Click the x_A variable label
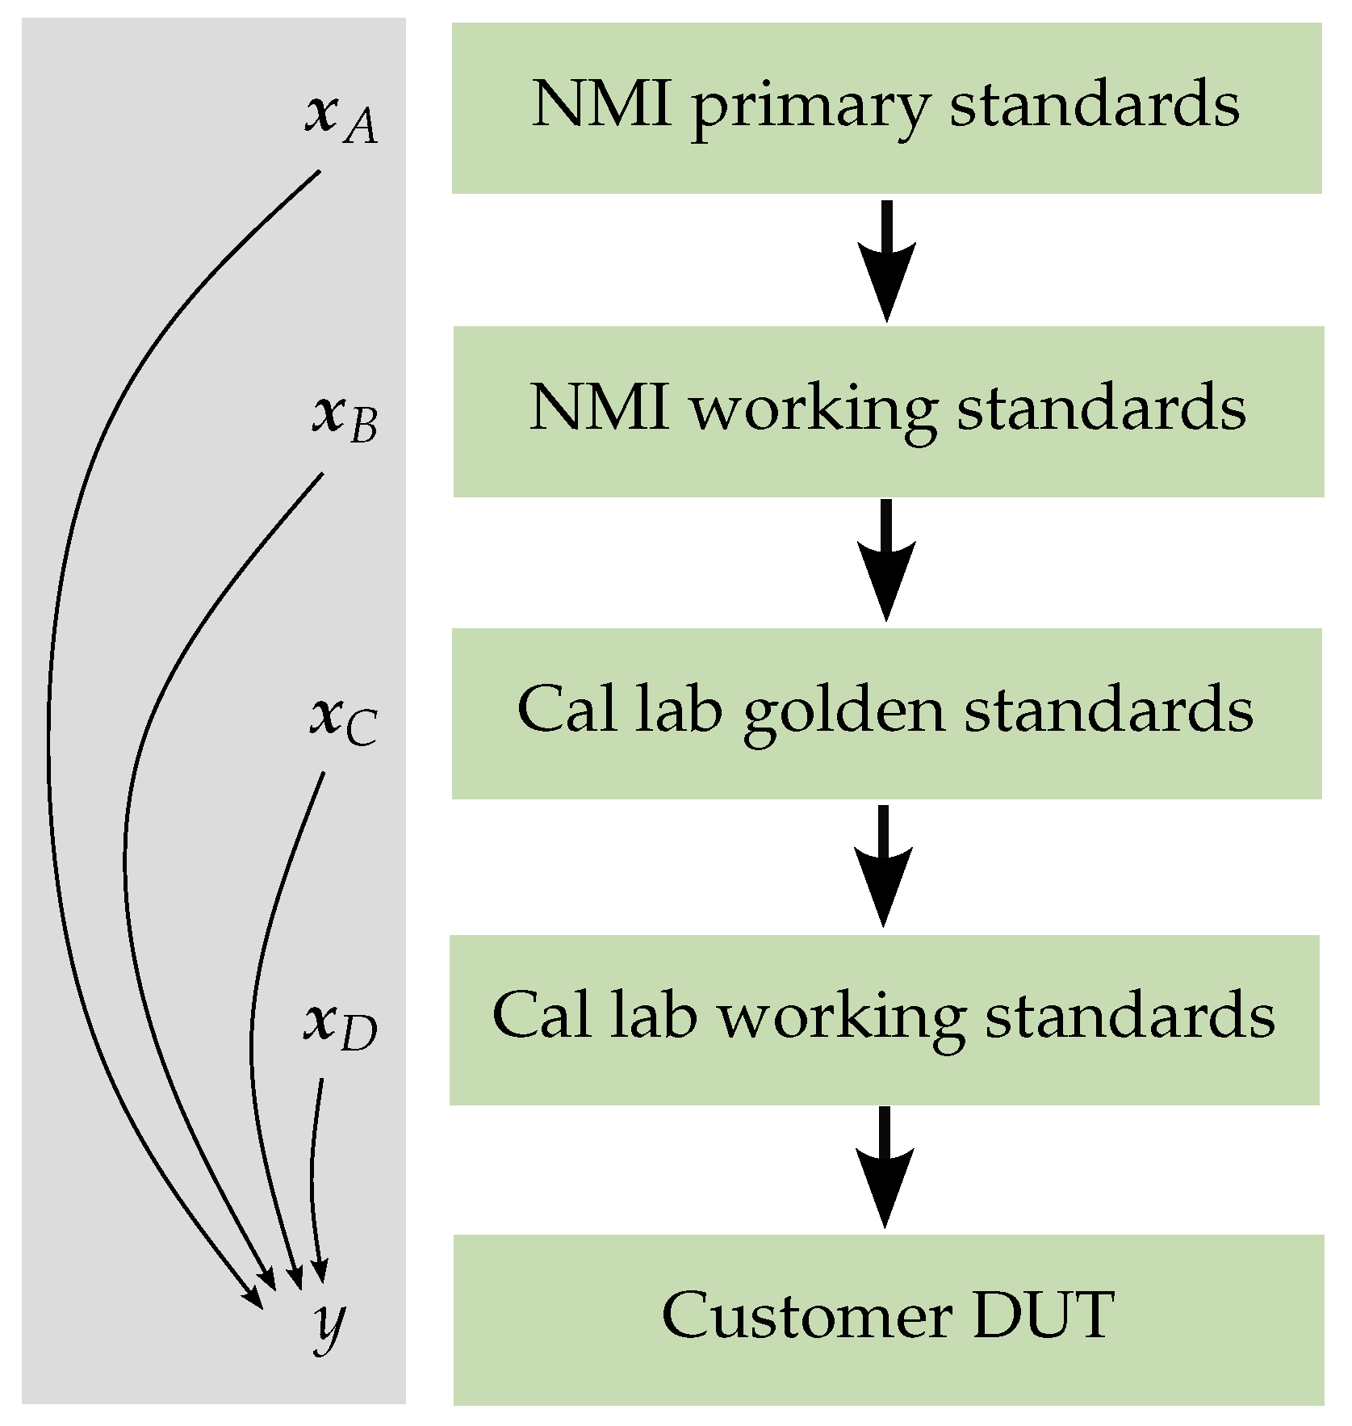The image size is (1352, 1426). point(341,118)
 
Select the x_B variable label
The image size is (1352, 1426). point(345,417)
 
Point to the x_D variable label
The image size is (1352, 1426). point(341,1025)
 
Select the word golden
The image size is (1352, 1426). point(843,713)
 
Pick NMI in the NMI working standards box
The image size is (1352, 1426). point(599,407)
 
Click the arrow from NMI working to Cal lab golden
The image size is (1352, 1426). point(886,560)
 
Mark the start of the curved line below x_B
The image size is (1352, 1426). point(321,475)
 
